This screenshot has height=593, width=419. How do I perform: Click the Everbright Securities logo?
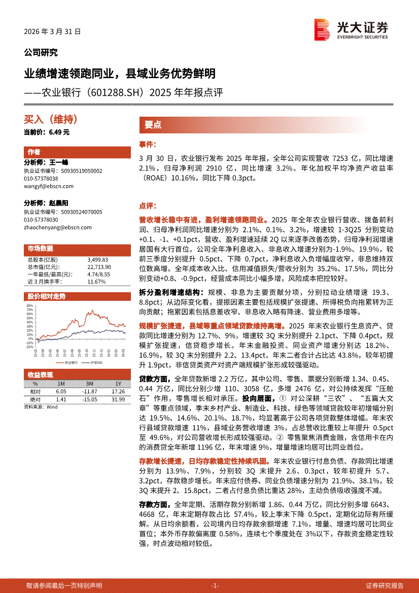(351, 29)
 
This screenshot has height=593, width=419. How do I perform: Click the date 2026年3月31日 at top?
(52, 31)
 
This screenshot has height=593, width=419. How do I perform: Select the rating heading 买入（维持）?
(51, 120)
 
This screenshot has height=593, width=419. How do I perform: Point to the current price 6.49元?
(47, 132)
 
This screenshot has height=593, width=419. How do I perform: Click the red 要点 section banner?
(153, 125)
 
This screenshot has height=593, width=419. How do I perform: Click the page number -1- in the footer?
(215, 585)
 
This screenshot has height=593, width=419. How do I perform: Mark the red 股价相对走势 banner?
(47, 296)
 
